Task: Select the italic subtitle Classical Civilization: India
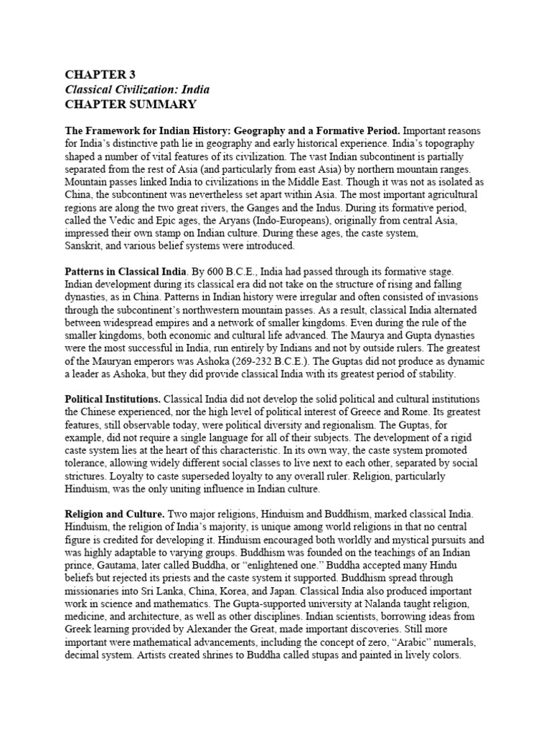[137, 90]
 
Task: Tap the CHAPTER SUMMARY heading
[131, 105]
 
